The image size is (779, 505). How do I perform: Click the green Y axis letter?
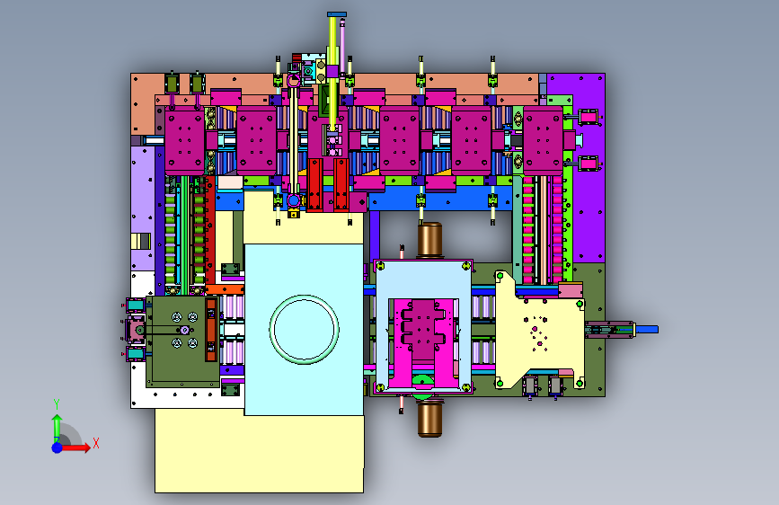point(57,404)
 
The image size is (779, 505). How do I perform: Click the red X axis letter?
point(96,443)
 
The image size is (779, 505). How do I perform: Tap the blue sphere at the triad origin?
point(58,447)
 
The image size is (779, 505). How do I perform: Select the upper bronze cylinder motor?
point(429,240)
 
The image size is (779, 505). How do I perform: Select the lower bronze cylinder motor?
point(429,420)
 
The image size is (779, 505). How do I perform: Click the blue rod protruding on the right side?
point(645,329)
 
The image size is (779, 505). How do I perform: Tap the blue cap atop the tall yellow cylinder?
point(337,14)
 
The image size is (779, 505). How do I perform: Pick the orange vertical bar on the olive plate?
point(211,329)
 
